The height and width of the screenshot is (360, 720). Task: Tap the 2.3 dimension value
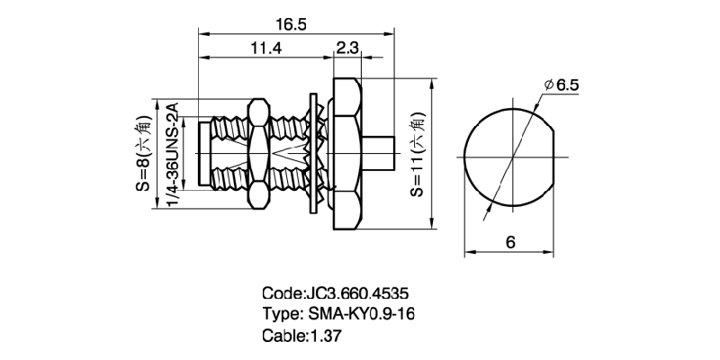click(x=347, y=49)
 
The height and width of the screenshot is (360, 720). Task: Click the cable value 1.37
click(x=328, y=335)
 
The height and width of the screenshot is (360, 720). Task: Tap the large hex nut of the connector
click(x=347, y=153)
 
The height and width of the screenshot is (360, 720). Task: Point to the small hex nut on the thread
click(x=257, y=153)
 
